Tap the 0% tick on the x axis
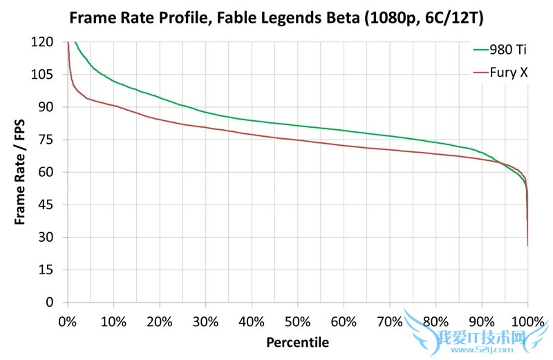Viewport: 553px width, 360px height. pos(68,322)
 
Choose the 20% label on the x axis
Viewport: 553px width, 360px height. pos(160,322)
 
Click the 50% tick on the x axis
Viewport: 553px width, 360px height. pos(298,322)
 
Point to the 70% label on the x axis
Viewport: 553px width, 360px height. pos(390,322)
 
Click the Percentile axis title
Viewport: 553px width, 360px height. pos(298,342)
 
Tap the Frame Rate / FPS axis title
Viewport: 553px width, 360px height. pos(21,173)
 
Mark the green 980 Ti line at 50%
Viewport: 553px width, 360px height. pos(298,126)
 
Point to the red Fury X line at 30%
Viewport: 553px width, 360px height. pos(205,127)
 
